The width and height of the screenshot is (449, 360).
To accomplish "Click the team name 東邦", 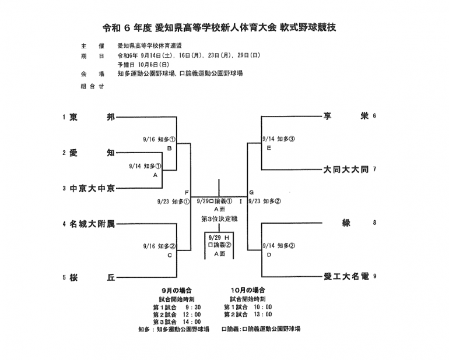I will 92,117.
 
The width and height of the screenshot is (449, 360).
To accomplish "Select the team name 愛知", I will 92,153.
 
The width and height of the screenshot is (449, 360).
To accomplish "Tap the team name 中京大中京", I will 92,188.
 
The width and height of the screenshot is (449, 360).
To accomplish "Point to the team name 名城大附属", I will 92,224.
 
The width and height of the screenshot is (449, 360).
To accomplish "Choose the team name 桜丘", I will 92,277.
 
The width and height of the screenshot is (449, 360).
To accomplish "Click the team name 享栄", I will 346,116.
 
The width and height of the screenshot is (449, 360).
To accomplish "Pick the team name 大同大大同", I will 346,170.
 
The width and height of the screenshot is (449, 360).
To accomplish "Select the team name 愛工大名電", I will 346,276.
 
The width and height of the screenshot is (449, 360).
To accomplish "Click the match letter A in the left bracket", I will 155,175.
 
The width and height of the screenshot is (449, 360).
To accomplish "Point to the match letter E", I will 268,148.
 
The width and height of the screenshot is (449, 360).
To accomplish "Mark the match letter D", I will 268,255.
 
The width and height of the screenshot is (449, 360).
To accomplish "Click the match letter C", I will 170,255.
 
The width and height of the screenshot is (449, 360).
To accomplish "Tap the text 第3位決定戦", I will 219,219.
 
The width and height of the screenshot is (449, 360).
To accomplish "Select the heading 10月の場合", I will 248,290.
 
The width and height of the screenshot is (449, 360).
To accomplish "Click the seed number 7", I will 374,170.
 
